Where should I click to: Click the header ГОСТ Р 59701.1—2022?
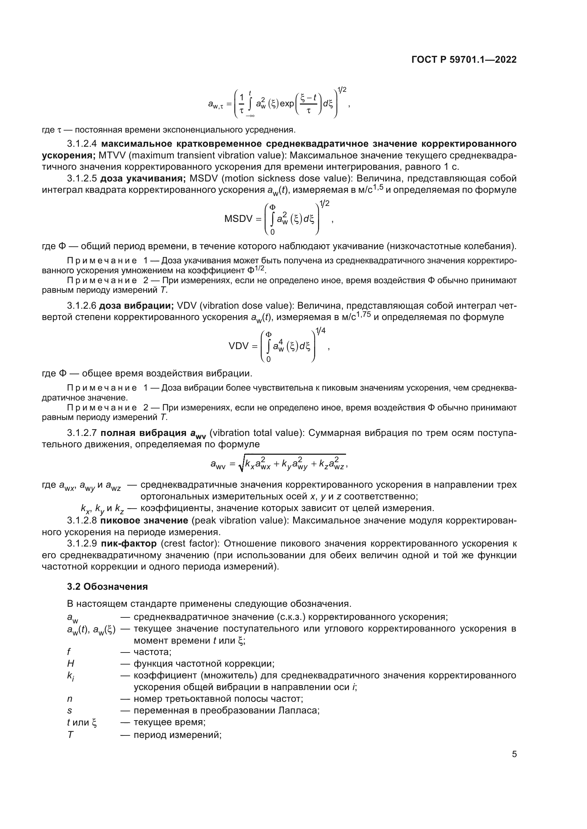(x=464, y=60)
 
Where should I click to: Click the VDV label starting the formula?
(x=239, y=346)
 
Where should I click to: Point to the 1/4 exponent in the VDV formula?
(x=320, y=331)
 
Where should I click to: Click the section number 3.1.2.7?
(x=82, y=433)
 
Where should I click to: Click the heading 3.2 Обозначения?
(x=107, y=587)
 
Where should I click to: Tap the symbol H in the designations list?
(x=71, y=663)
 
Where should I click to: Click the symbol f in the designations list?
(x=69, y=652)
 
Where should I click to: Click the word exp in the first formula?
(x=287, y=104)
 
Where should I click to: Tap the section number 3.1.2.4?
(x=82, y=144)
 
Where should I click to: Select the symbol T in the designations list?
(x=70, y=734)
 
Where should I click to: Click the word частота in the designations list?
(x=152, y=652)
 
